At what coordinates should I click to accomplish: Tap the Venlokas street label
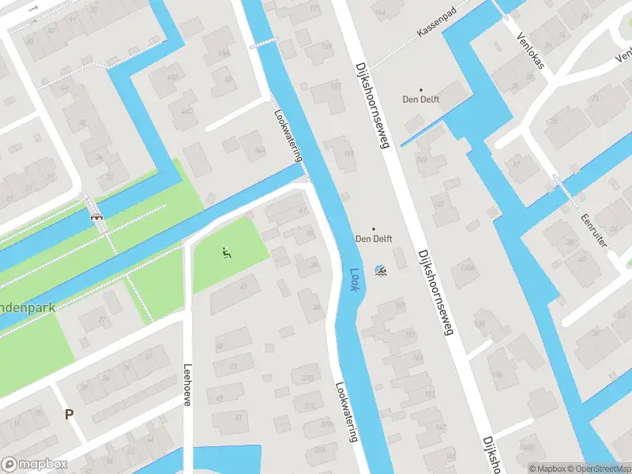pyautogui.click(x=530, y=51)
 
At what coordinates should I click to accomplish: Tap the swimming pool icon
pyautogui.click(x=381, y=271)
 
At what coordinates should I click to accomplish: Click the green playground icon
pyautogui.click(x=227, y=253)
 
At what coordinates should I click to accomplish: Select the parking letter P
pyautogui.click(x=69, y=413)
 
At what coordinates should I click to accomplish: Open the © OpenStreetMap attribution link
pyautogui.click(x=595, y=468)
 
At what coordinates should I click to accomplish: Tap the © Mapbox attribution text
pyautogui.click(x=545, y=468)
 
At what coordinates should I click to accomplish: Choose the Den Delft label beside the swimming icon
pyautogui.click(x=374, y=238)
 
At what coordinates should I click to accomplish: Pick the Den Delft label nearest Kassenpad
pyautogui.click(x=420, y=99)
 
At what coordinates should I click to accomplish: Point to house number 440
pyautogui.click(x=187, y=111)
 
